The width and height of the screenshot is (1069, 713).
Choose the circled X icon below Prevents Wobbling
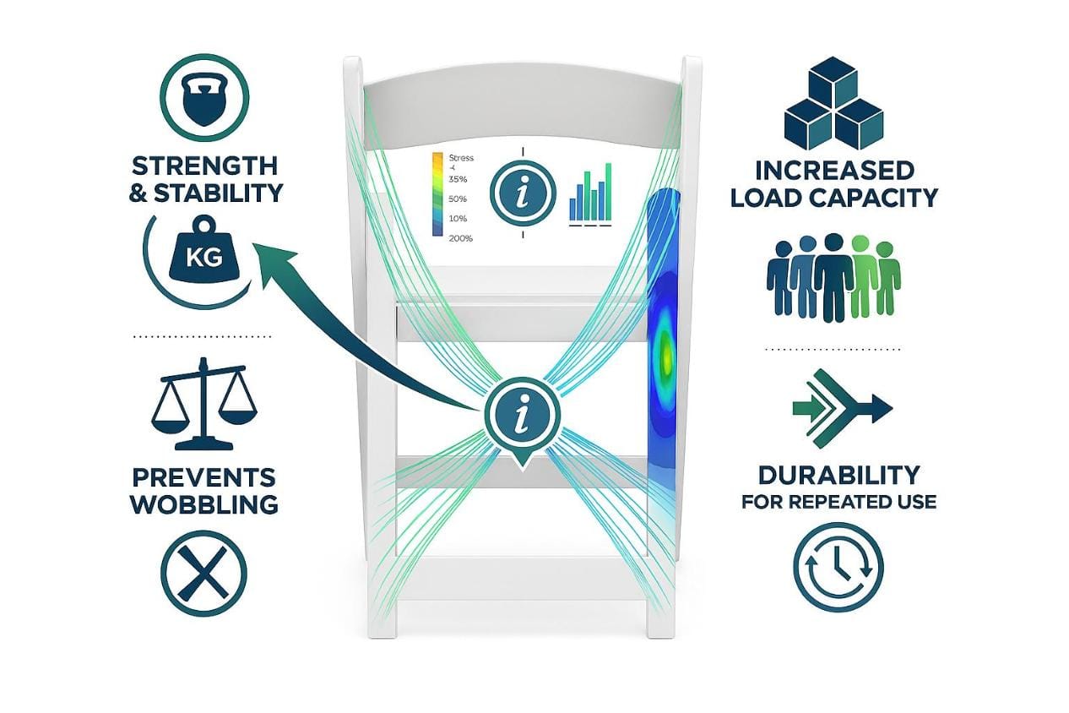tap(203, 574)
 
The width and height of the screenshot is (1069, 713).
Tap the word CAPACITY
tap(881, 198)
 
